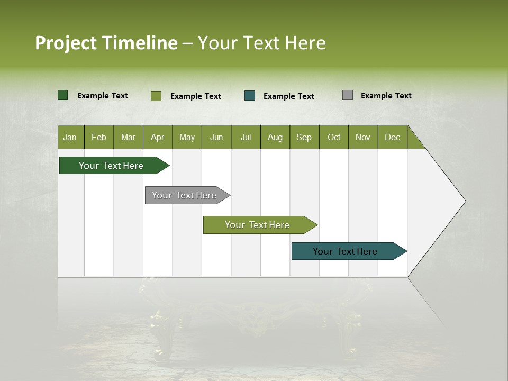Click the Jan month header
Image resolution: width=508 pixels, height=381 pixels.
point(70,137)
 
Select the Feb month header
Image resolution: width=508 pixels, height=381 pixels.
point(99,137)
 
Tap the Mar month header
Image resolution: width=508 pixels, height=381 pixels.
point(128,137)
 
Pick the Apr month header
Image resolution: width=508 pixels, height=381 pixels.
point(158,137)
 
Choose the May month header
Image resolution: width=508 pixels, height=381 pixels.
point(187,137)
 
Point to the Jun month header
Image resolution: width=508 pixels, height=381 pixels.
point(216,137)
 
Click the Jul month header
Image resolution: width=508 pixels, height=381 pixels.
point(246,137)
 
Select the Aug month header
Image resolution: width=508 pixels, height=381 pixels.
point(275,137)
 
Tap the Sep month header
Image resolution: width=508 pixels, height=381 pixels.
point(304,137)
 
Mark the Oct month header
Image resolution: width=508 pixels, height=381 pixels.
point(334,137)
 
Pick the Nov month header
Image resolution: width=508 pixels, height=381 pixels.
point(363,137)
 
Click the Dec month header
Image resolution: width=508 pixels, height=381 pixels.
point(393,137)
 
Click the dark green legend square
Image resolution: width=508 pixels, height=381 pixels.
point(63,95)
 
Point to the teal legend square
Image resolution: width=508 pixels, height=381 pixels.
point(250,95)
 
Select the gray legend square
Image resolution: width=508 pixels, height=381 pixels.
point(348,95)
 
